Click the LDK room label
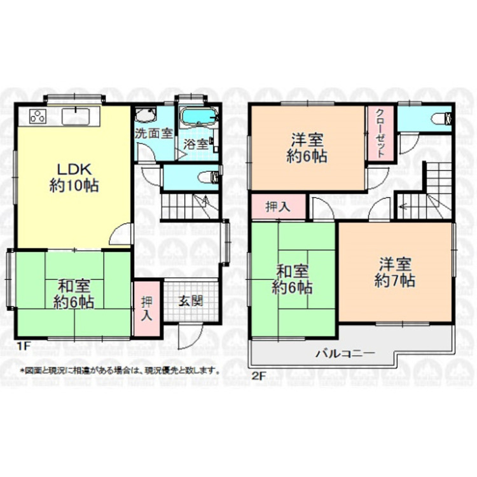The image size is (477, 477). point(74,170)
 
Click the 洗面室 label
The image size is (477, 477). point(153,134)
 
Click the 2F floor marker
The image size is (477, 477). point(258,375)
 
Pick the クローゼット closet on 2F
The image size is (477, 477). point(379,134)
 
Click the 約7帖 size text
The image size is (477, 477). point(395,280)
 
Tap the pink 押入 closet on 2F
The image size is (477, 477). point(277,207)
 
